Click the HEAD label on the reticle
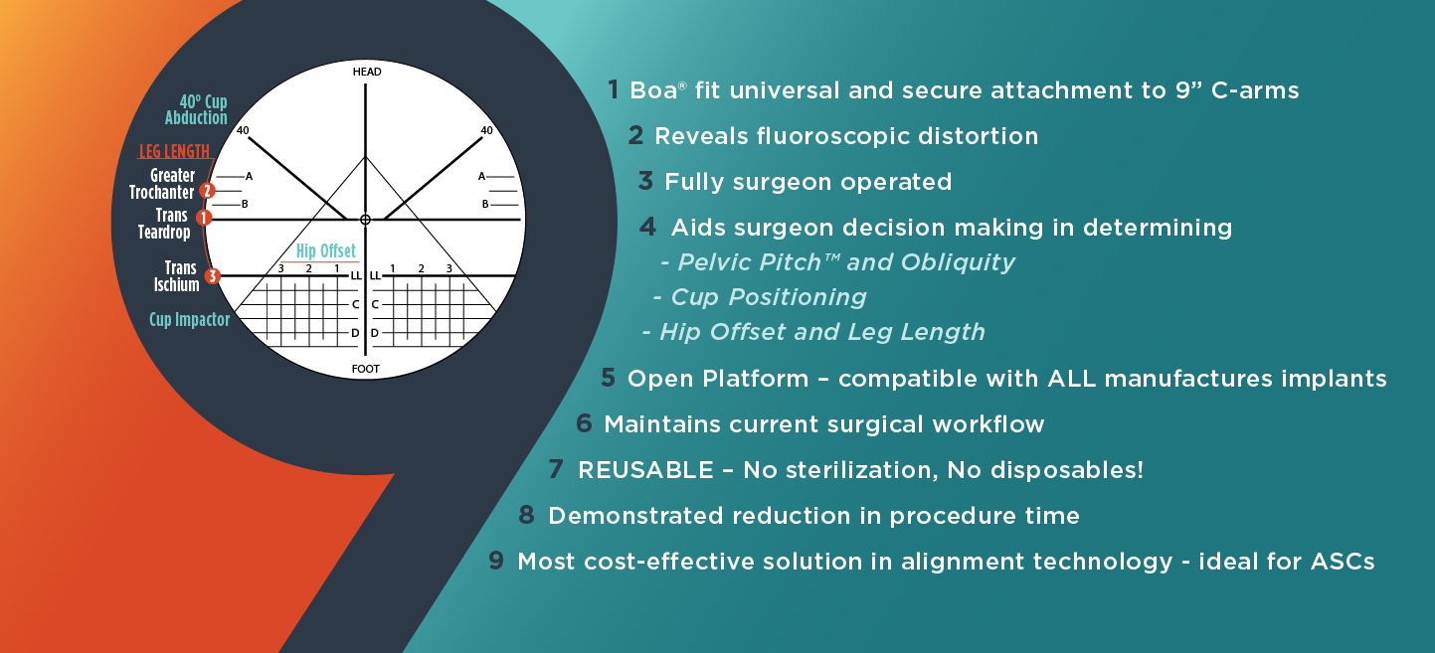[366, 73]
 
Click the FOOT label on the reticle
[366, 369]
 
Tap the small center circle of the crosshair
[365, 219]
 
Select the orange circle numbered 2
[207, 190]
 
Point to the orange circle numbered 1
[203, 217]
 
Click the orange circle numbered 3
[212, 276]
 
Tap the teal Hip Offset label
[325, 251]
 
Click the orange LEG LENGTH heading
[174, 152]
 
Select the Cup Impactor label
[189, 320]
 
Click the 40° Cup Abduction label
[197, 110]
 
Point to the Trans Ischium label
[176, 276]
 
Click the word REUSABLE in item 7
[645, 470]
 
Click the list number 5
[608, 379]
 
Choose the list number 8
[526, 516]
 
